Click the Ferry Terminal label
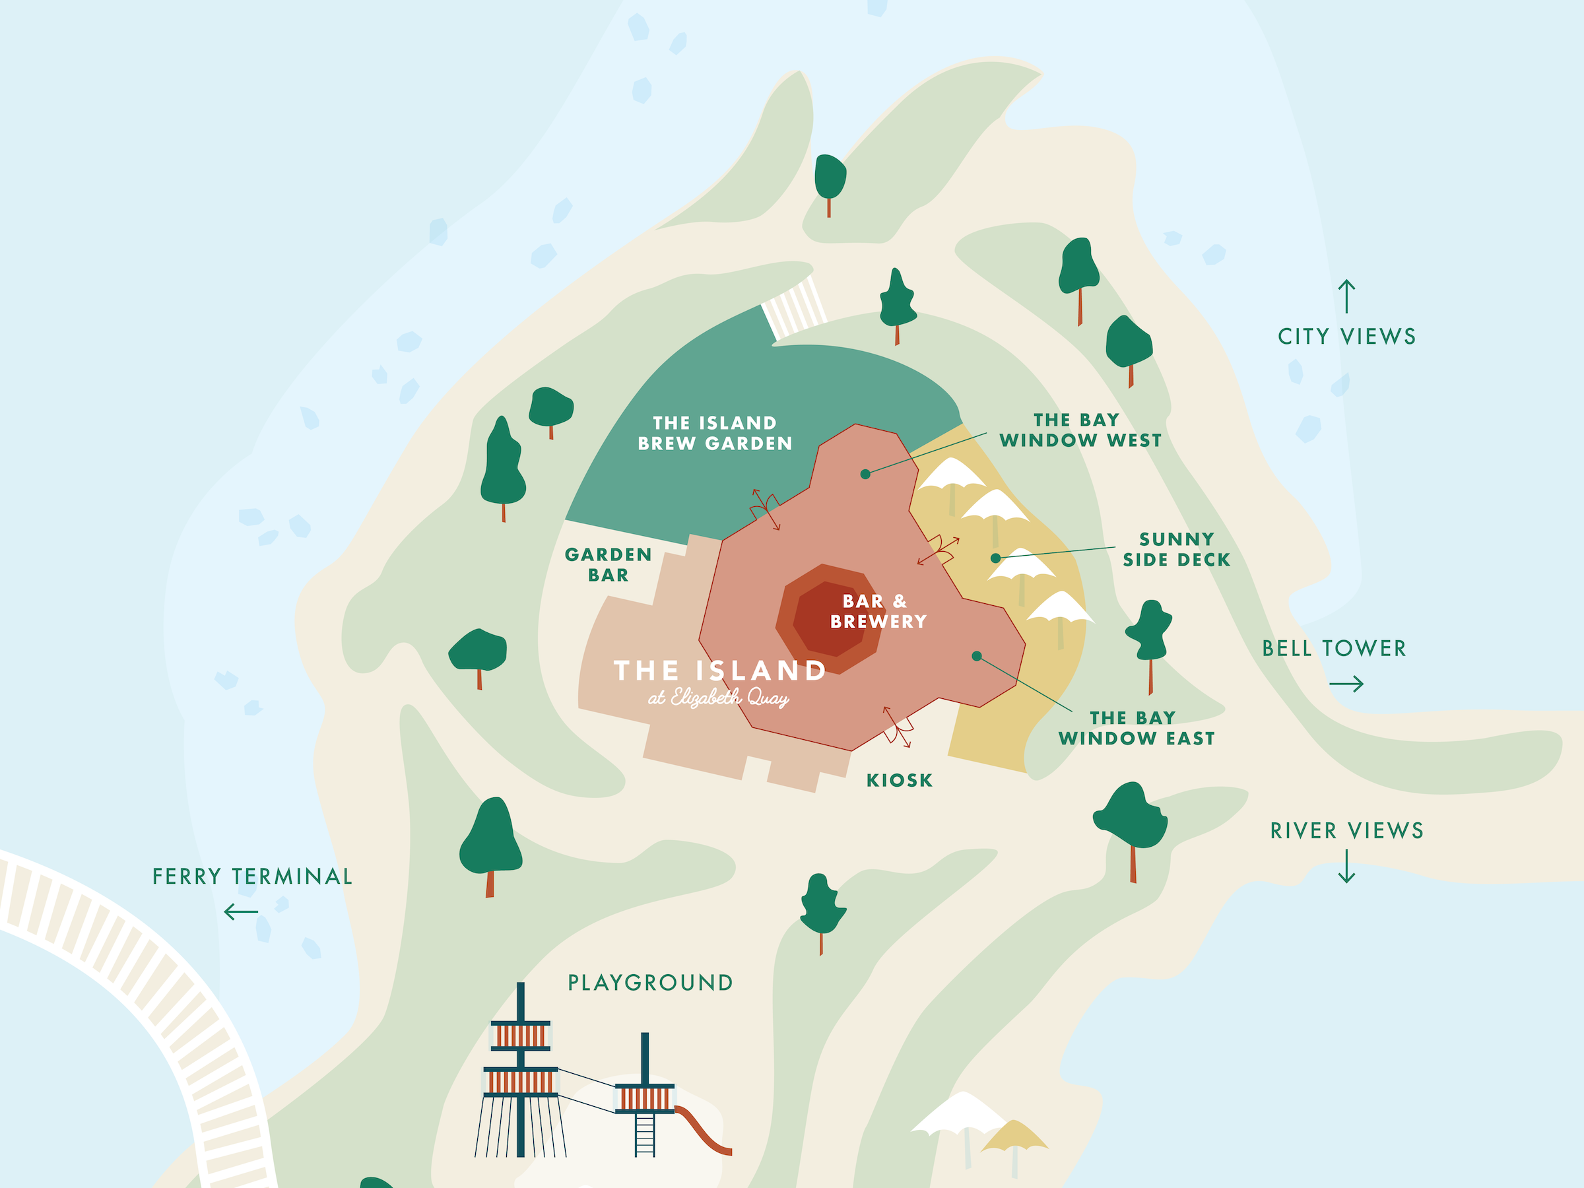click(252, 876)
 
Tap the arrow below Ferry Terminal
click(241, 912)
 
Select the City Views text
click(1346, 337)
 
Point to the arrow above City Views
click(1346, 296)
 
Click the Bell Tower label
click(1333, 649)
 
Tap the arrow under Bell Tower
click(1346, 684)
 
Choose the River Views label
click(1346, 831)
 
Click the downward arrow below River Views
click(1346, 866)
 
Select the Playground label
click(650, 983)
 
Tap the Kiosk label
click(900, 781)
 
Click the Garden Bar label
click(608, 565)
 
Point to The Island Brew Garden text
click(715, 433)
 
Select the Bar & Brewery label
click(878, 612)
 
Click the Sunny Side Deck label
click(1177, 549)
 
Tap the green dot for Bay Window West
click(865, 474)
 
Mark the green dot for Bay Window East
click(977, 656)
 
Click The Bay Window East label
click(1137, 728)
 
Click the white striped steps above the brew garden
click(793, 309)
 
